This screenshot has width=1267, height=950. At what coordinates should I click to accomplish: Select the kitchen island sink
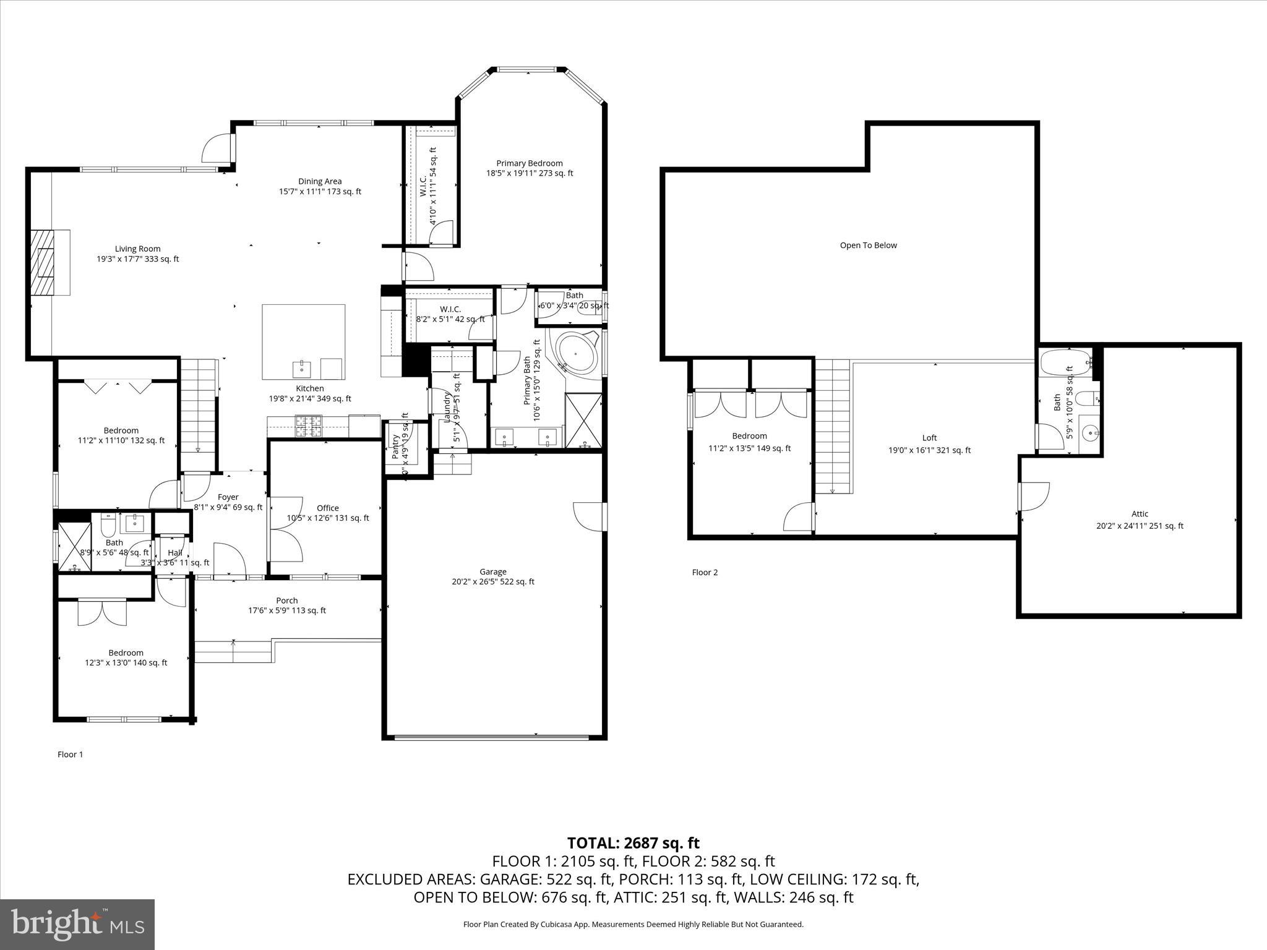(x=303, y=368)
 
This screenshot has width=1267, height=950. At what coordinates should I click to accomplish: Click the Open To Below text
(x=868, y=246)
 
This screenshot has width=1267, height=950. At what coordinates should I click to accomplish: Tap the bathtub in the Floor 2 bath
(x=1064, y=364)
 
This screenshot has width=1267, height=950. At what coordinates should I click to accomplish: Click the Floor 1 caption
(x=70, y=755)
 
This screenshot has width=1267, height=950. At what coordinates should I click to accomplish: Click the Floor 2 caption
(x=705, y=573)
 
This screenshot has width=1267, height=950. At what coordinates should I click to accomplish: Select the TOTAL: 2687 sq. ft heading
(x=633, y=843)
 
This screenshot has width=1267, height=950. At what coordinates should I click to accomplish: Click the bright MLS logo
(x=77, y=925)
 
